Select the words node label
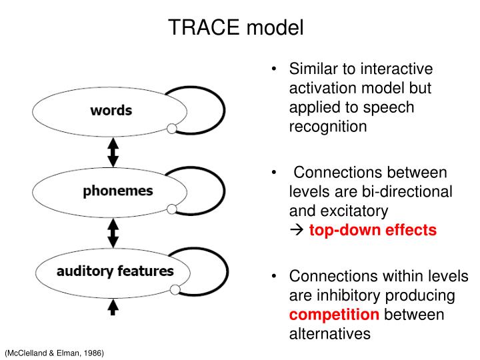coord(111,110)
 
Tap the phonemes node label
coord(117,191)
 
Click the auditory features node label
coord(115,271)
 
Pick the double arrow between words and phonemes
coord(113,152)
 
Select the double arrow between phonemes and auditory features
coord(113,233)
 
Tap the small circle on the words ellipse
coord(171,128)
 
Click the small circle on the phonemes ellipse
coord(171,209)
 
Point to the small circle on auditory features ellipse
coord(175,289)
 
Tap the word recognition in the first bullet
coord(328,126)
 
